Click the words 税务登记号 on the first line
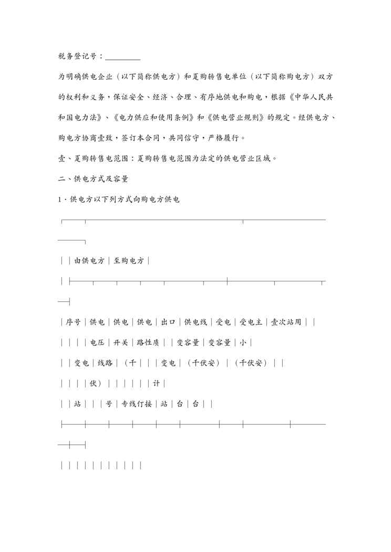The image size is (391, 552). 78,56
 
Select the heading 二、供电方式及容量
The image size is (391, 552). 94,179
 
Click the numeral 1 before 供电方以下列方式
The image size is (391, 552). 59,199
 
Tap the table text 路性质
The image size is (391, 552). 148,343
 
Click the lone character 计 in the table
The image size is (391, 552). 156,384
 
